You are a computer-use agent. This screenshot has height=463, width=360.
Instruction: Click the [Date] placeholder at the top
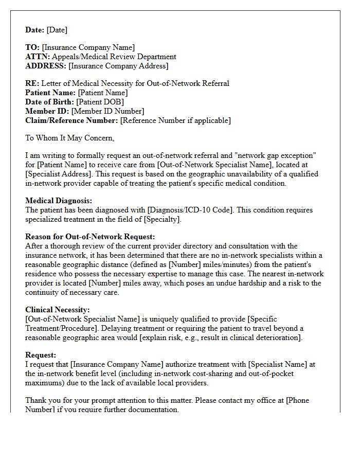[x=57, y=30]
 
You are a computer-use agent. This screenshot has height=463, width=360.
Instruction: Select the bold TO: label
[x=32, y=47]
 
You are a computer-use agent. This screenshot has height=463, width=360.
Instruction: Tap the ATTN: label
[x=38, y=57]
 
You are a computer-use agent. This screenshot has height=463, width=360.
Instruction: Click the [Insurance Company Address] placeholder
[x=118, y=66]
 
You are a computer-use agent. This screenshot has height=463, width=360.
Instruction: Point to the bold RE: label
[x=32, y=83]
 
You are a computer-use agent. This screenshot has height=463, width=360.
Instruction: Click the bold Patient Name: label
[x=50, y=93]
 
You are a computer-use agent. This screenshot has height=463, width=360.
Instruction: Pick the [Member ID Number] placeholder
[x=107, y=111]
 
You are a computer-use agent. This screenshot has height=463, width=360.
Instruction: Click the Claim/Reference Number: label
[x=71, y=120]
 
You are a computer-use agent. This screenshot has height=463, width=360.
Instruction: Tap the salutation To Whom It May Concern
[x=69, y=138]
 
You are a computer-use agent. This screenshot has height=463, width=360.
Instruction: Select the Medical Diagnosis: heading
[x=59, y=201]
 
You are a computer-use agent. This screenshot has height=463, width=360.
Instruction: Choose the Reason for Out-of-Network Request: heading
[x=90, y=237]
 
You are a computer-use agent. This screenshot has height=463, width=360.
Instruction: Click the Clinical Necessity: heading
[x=58, y=310]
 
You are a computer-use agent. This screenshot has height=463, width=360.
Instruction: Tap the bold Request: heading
[x=41, y=355]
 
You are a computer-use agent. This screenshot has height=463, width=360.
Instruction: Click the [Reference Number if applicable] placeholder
[x=175, y=120]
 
